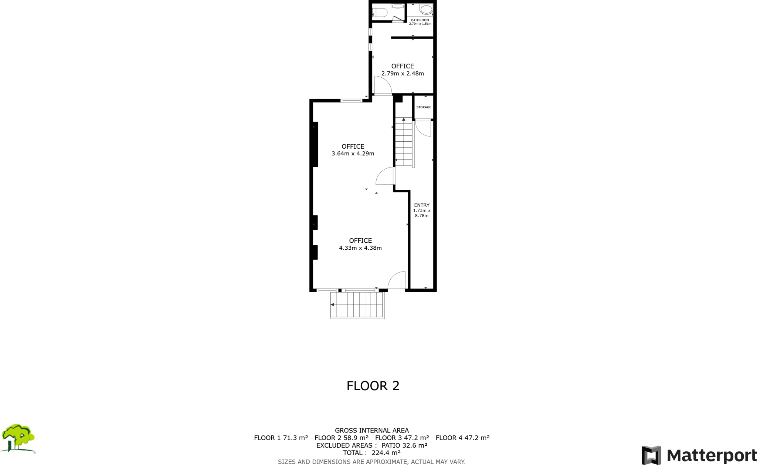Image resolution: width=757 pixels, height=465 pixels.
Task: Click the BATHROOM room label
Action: click(420, 20)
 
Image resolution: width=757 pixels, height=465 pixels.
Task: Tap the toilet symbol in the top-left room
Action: click(380, 13)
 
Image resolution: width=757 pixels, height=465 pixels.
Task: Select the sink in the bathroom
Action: click(426, 9)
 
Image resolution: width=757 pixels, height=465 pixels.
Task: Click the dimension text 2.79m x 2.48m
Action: click(403, 74)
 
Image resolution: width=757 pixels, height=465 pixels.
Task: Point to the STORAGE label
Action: click(424, 107)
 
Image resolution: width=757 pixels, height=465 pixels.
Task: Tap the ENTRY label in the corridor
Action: click(422, 205)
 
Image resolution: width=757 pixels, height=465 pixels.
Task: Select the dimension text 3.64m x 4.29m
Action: click(353, 154)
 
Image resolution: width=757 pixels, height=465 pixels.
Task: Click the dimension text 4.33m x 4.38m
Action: click(360, 248)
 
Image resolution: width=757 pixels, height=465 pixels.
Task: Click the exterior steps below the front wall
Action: click(357, 305)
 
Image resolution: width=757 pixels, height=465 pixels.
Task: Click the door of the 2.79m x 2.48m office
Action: click(383, 85)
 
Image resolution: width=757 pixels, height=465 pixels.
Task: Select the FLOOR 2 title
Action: click(373, 386)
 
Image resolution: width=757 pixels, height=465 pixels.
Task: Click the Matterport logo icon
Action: click(651, 455)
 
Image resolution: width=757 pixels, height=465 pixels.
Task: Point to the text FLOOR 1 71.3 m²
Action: click(281, 438)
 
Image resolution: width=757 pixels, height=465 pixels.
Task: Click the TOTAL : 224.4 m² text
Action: click(371, 453)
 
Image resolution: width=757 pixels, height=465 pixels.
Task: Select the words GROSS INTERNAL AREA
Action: click(371, 431)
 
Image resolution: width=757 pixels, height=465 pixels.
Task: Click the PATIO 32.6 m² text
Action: click(404, 445)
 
